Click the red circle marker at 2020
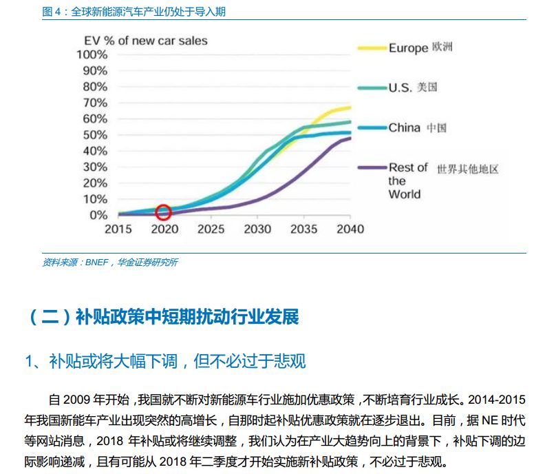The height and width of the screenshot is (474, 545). click(x=163, y=212)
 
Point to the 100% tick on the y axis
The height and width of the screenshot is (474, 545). click(x=92, y=54)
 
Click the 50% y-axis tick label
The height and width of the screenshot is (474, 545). click(x=95, y=134)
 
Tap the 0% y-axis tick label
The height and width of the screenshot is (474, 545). click(x=98, y=215)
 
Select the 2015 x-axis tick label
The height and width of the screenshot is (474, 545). click(x=118, y=229)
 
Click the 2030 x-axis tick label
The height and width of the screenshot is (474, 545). click(x=257, y=229)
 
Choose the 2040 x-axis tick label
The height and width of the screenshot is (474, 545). click(x=350, y=229)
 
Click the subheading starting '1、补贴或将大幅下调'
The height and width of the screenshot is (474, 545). click(x=165, y=360)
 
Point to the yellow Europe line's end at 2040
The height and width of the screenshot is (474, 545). click(x=350, y=107)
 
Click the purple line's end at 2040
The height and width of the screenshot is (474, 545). click(x=350, y=138)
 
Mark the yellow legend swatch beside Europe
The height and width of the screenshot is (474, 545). click(x=371, y=48)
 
